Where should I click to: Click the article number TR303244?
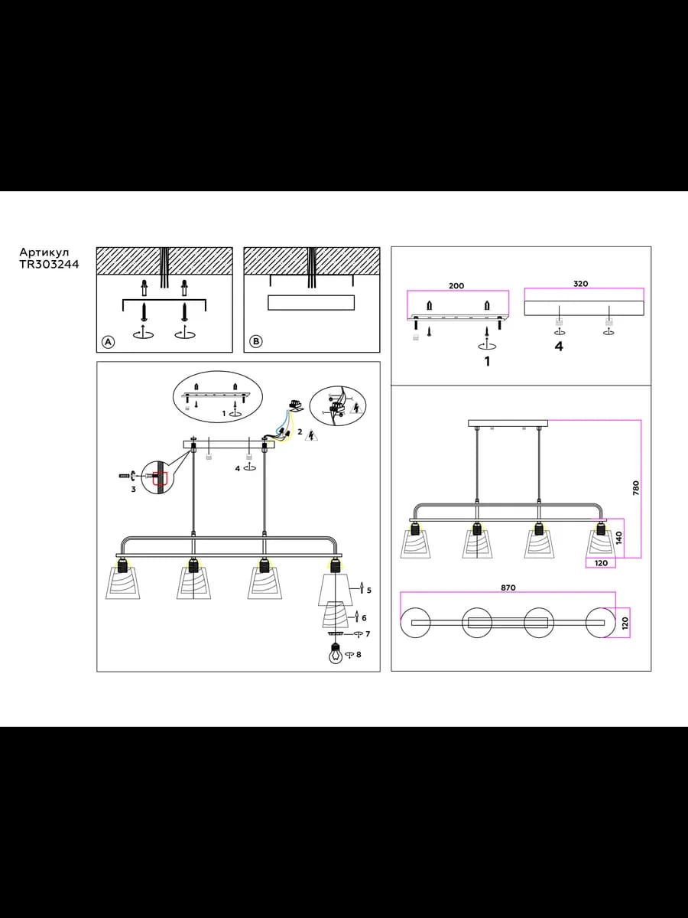point(49,265)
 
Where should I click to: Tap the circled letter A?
point(108,342)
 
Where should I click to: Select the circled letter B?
point(255,342)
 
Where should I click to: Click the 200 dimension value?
point(456,286)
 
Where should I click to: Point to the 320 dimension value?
point(580,284)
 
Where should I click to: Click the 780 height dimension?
point(636,488)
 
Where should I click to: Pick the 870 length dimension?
point(508,588)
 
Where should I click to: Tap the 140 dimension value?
point(619,538)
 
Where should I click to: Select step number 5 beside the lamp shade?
point(369,590)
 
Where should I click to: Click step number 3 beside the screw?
point(134,489)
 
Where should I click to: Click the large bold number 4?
point(559,347)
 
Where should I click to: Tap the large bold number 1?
point(487,361)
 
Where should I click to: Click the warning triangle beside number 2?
point(311,435)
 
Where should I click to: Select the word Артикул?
point(44,252)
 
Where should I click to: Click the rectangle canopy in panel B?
point(311,302)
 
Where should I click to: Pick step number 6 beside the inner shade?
point(364,617)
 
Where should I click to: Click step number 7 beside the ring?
point(368,634)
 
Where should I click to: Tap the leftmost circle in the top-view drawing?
point(415,623)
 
